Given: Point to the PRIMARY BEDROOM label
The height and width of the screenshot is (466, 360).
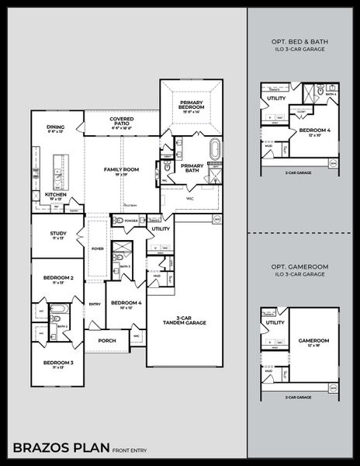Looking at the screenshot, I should (191, 104).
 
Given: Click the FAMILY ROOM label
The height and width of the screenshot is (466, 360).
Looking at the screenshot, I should (121, 170).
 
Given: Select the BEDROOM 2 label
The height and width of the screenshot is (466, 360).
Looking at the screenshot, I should (58, 278).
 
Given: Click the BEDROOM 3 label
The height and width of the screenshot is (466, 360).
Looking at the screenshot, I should (58, 363).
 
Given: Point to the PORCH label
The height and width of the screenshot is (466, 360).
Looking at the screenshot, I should (107, 340).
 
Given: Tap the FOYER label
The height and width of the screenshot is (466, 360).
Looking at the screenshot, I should (98, 249).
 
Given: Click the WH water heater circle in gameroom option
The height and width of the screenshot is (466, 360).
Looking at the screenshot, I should (333, 387).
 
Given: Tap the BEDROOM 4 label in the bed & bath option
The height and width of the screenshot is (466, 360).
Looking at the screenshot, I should (315, 130).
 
